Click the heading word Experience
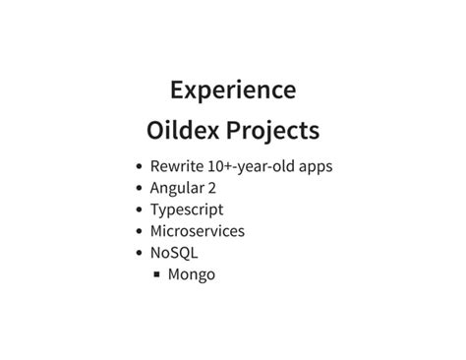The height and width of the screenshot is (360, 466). point(233,90)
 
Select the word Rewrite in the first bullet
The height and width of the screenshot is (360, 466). point(176,166)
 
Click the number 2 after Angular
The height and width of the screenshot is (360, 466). point(213,188)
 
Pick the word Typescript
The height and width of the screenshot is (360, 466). point(187,210)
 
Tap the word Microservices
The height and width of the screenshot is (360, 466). point(198,231)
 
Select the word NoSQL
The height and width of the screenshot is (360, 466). point(174,253)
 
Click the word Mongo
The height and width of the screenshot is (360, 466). point(192,274)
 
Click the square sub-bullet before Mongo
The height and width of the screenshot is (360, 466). point(156,274)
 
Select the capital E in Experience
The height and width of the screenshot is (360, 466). point(178,90)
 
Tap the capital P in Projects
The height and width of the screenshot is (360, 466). point(235,131)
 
